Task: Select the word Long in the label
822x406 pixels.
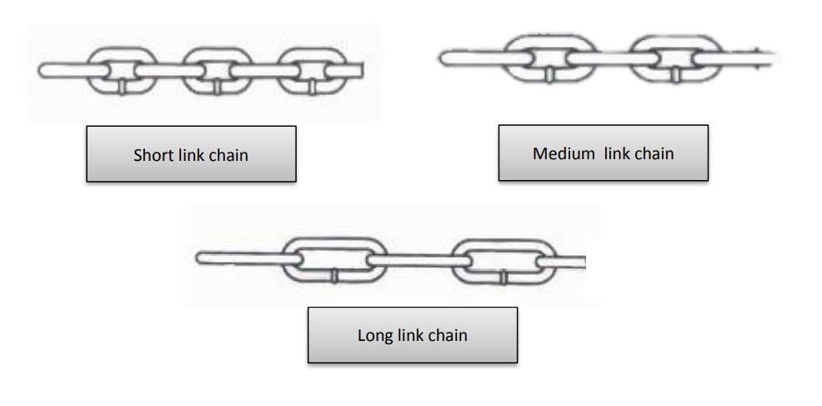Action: (373, 336)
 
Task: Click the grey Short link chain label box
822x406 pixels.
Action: (191, 154)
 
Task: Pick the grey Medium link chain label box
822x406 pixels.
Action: (603, 153)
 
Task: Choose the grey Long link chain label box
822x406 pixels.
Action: (413, 336)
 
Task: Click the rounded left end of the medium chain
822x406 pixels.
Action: (444, 56)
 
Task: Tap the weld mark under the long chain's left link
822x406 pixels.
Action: (333, 275)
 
